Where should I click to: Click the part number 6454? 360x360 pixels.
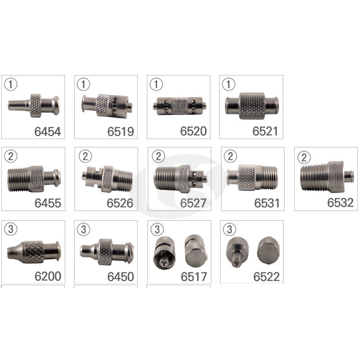[48, 131]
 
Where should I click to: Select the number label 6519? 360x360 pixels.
[121, 131]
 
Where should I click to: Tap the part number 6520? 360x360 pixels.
[193, 131]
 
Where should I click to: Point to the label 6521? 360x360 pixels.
[265, 131]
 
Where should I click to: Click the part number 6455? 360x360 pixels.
[48, 203]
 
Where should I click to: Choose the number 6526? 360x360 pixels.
[120, 203]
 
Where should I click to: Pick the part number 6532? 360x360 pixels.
[340, 203]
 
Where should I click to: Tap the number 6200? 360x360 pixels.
[48, 276]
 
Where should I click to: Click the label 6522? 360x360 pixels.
[266, 277]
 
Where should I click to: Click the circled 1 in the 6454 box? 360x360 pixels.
[11, 84]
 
